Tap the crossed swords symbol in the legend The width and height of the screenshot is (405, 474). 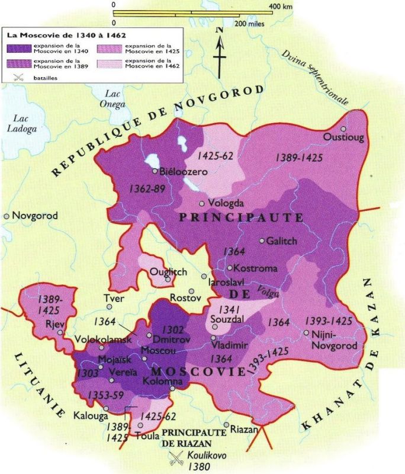(x=19, y=76)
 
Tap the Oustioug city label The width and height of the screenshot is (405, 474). (x=344, y=137)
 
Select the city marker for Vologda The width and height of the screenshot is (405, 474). (x=202, y=203)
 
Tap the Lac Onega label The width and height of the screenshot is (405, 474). (x=116, y=99)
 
